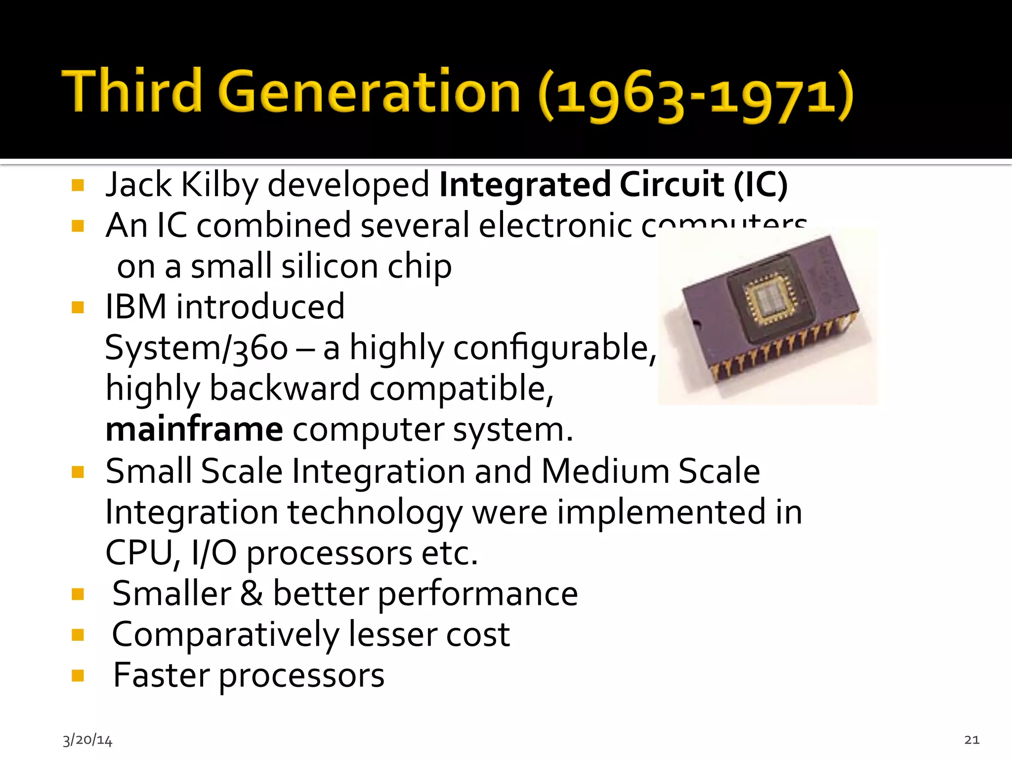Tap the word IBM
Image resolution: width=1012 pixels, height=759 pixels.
tap(136, 307)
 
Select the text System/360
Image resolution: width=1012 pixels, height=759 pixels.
tap(196, 348)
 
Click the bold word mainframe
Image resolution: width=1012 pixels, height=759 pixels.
tap(194, 429)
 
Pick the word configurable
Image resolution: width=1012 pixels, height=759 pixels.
tap(551, 348)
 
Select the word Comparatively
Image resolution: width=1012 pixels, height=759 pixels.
tap(225, 634)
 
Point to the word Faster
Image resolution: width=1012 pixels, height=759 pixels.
tap(161, 675)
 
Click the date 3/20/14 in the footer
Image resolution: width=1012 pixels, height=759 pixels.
tap(87, 740)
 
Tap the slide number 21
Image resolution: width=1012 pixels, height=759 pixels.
tap(971, 740)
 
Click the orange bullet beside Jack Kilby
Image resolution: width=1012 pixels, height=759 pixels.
tap(78, 185)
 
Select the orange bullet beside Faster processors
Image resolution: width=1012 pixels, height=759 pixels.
tap(78, 675)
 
